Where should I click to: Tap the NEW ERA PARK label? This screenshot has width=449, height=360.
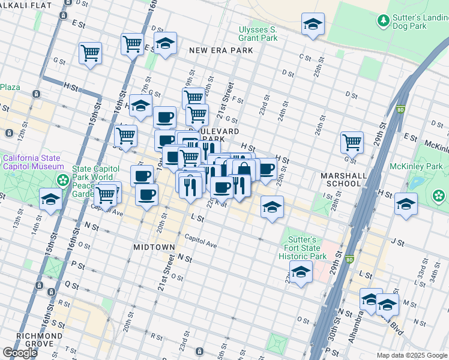coord(220,51)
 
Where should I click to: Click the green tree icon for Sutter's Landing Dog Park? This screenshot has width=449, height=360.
coord(382,21)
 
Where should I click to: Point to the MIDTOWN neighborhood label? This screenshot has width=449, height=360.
coord(154,247)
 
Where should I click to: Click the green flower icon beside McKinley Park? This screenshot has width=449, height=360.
coord(439,195)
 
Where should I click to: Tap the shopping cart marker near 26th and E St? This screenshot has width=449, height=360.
coord(352,143)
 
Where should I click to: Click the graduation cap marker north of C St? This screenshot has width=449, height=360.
coord(313,25)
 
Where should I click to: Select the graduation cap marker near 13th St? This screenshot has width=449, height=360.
coord(50,199)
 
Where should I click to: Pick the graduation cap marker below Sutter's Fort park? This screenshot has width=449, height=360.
coord(301,271)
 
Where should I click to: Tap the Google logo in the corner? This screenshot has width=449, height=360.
coord(20,353)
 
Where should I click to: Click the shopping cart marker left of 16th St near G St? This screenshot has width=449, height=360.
coord(90,53)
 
